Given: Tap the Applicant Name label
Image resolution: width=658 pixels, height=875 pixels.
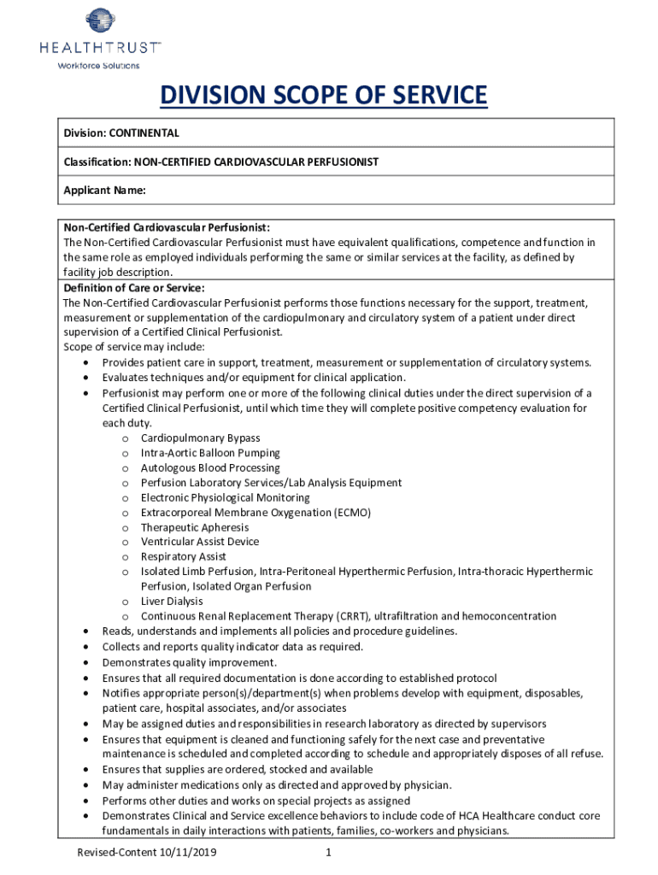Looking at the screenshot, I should pos(105,191).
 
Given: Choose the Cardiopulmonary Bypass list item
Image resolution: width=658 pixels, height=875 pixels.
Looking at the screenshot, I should pos(200,438).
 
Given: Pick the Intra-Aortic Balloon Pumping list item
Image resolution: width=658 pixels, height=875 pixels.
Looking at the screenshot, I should pos(210,453).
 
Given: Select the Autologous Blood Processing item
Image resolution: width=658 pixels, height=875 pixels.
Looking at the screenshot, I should pos(210,468).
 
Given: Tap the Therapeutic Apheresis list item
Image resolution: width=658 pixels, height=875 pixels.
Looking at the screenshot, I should pos(195,527).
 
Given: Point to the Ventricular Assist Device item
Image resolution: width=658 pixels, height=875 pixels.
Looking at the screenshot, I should pos(199,542).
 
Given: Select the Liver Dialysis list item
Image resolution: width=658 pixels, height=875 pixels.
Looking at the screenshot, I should pos(172,602).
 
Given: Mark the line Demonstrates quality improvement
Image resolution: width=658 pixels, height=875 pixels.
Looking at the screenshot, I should pos(190,661).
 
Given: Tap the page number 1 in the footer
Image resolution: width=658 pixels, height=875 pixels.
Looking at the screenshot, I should pos(328,853).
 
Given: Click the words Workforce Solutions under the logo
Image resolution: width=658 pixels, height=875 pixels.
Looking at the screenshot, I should pos(97,66).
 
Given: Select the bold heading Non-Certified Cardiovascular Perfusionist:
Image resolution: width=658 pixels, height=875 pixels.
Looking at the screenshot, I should pos(167,227).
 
